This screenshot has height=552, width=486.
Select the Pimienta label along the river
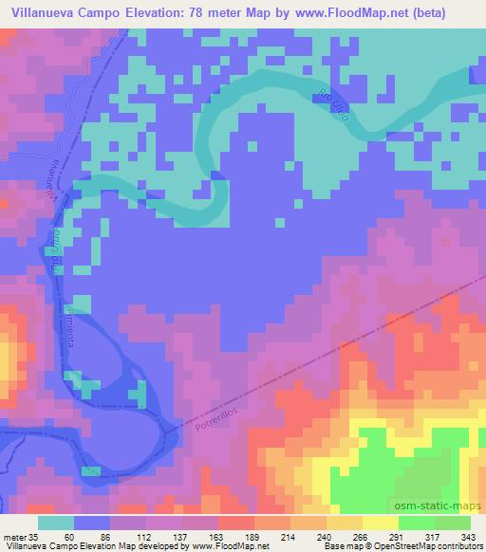point(68,323)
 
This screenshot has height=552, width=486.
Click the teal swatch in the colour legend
point(56,524)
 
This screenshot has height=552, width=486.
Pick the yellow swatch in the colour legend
point(381,524)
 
